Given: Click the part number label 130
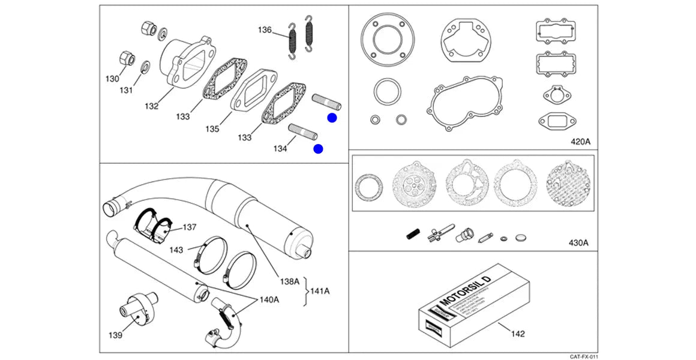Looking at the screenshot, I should click(113, 79).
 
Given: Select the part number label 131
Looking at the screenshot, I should click(125, 91).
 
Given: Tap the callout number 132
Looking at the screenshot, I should click(151, 106).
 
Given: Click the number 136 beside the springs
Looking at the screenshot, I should click(265, 30).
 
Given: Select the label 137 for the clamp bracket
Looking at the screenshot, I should click(190, 227).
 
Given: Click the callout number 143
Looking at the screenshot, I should click(176, 250).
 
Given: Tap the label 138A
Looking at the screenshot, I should click(289, 281).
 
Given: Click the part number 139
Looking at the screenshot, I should click(115, 335).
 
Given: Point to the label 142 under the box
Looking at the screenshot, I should click(517, 333).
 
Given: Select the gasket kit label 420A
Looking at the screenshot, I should click(580, 142).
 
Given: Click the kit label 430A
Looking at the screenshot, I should click(578, 243).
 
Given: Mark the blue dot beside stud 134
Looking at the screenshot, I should click(318, 149).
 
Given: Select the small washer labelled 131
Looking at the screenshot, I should click(145, 66).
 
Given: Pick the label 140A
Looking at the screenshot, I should click(269, 299).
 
